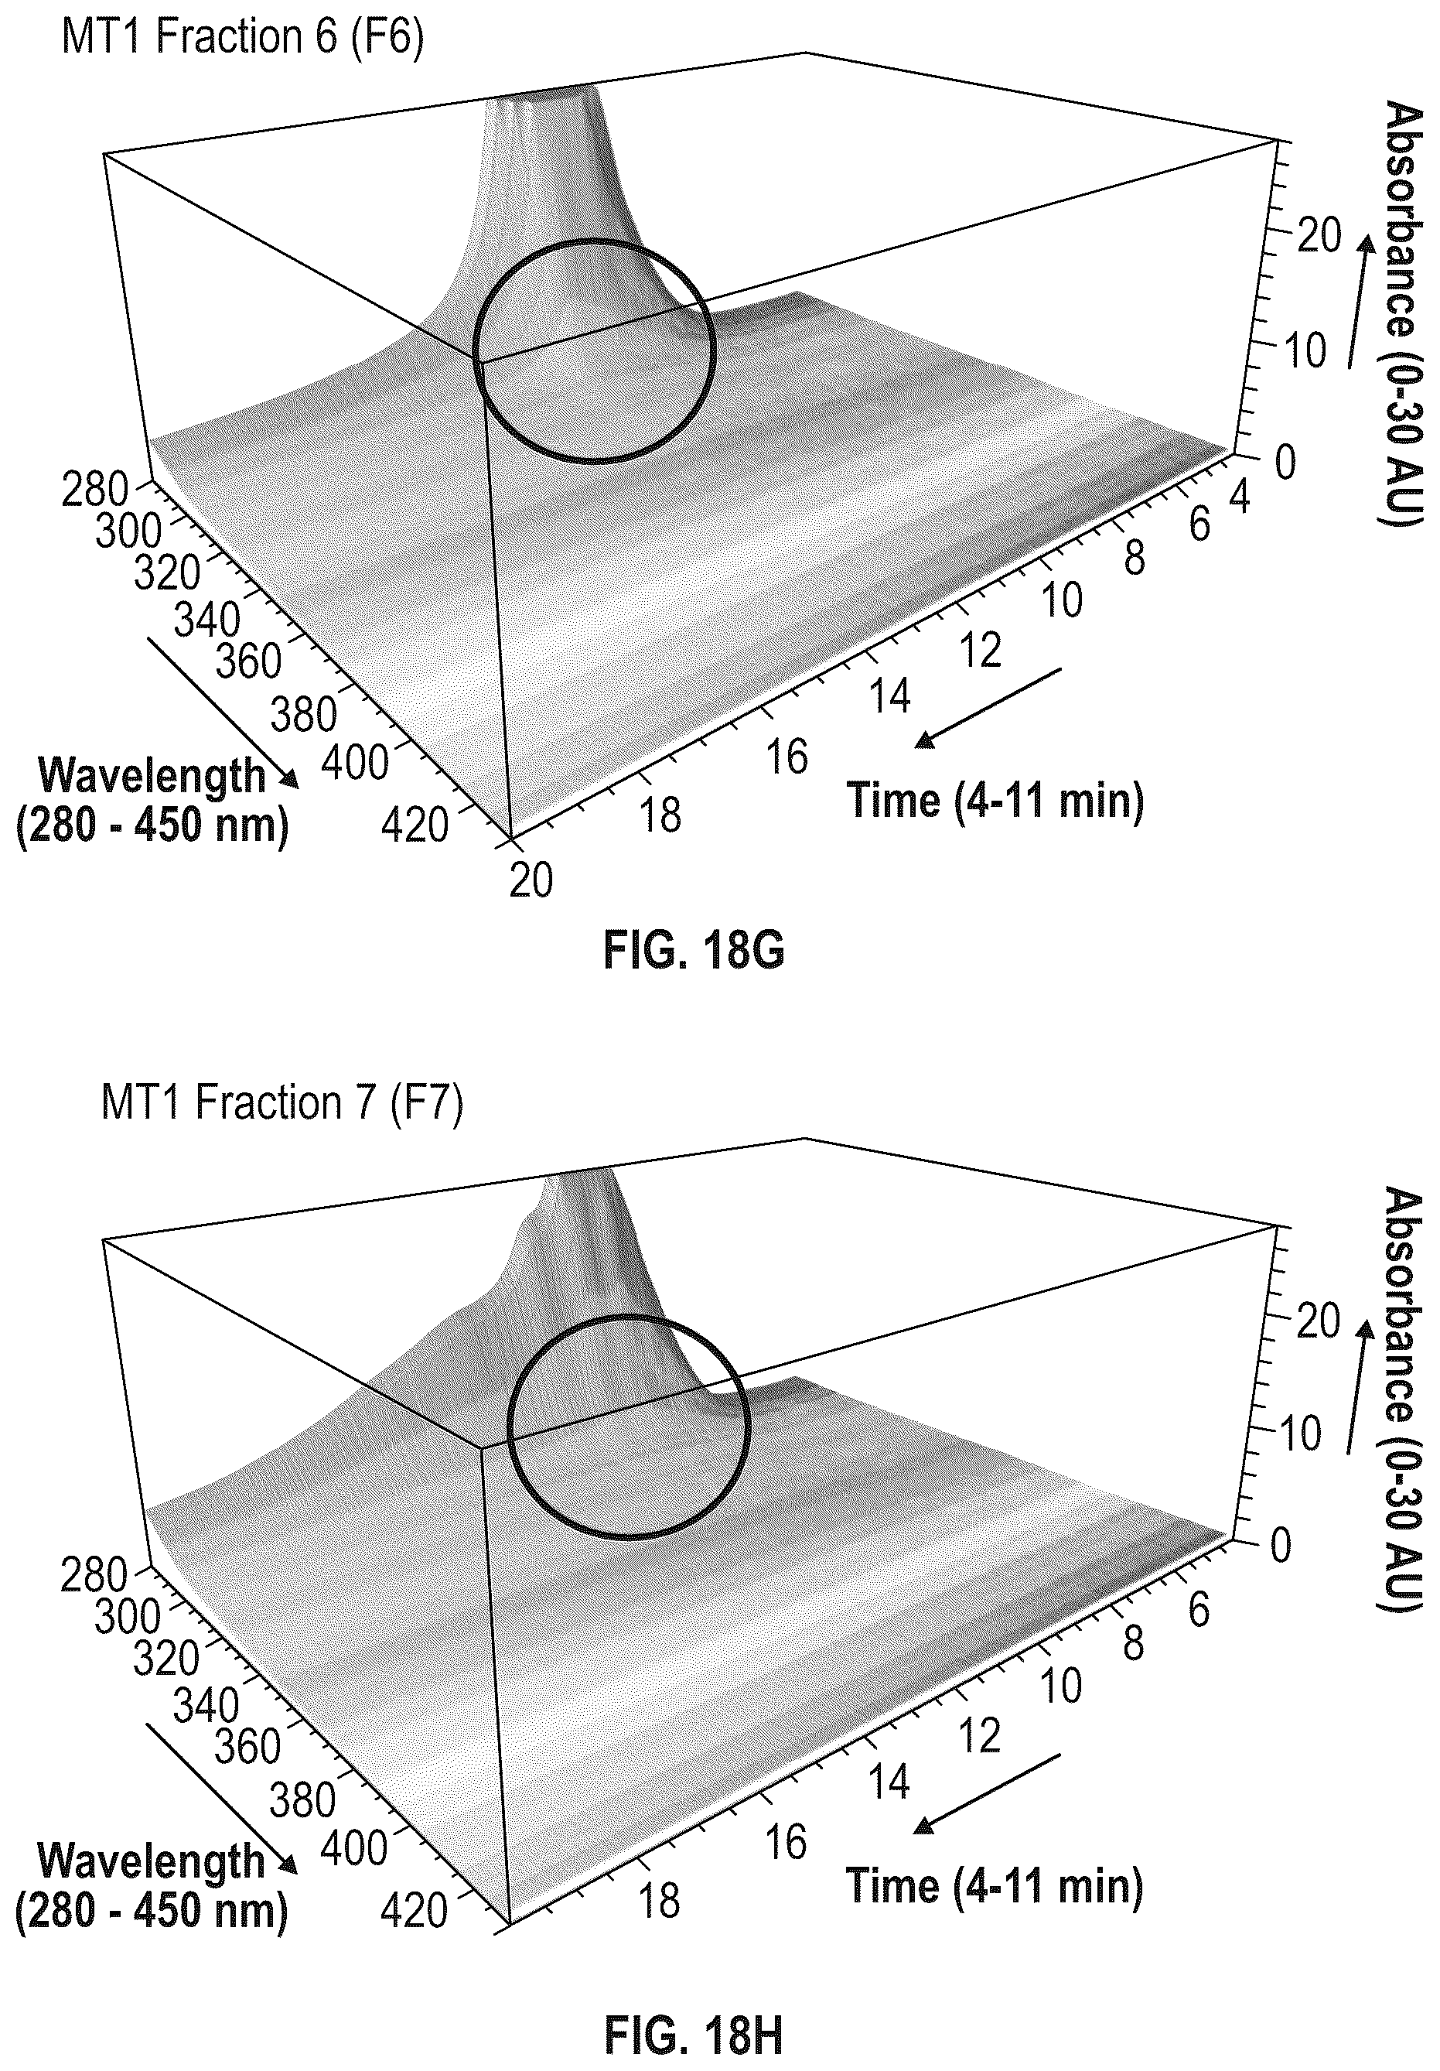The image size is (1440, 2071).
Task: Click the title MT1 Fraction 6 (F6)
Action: click(x=241, y=38)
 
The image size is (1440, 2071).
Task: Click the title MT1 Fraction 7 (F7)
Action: click(x=282, y=1103)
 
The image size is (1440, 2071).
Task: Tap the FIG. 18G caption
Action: click(x=694, y=951)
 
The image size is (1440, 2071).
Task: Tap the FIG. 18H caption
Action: click(x=694, y=2045)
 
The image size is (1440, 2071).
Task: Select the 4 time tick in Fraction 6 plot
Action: click(x=1240, y=498)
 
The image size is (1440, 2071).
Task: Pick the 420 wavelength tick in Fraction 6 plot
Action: click(x=414, y=825)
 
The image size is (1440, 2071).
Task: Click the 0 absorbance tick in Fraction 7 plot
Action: click(x=1282, y=1546)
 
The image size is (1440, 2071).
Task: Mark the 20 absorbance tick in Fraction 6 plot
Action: click(x=1319, y=238)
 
